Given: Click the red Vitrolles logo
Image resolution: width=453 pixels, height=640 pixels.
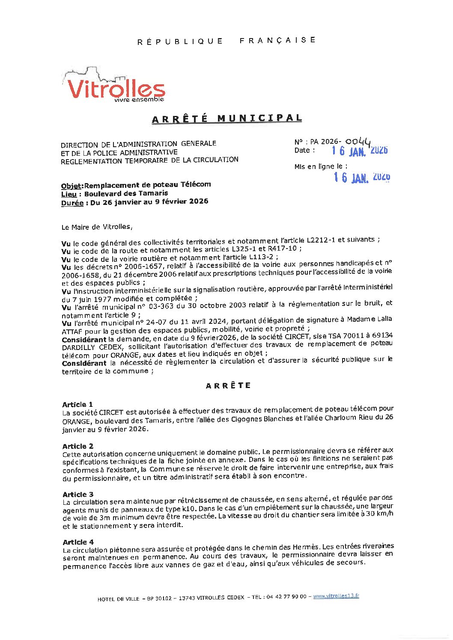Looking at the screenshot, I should click(x=116, y=88).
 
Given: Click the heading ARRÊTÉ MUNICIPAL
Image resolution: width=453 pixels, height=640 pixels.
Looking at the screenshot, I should click(x=227, y=119).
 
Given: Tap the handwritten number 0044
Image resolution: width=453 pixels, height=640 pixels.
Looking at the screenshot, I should click(x=358, y=141).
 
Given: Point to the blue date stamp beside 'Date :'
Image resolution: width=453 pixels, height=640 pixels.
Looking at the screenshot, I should click(x=360, y=151).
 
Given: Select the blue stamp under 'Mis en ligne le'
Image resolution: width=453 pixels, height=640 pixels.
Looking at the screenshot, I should click(x=362, y=177).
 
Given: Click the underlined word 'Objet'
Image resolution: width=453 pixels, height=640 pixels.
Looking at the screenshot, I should click(x=71, y=186).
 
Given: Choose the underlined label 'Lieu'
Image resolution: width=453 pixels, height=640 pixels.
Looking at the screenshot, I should click(x=69, y=194).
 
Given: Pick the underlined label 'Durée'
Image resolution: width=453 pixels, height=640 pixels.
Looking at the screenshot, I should click(x=72, y=203).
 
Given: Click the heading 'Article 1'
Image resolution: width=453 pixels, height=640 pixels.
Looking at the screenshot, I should click(x=77, y=404).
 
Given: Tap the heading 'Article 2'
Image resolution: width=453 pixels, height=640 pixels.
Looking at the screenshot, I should click(x=77, y=446).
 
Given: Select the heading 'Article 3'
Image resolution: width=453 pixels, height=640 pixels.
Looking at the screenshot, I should click(x=78, y=494).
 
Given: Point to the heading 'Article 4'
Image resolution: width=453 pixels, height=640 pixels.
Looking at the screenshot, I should click(x=78, y=542).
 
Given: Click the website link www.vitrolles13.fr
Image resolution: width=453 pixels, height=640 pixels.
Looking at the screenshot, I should click(x=336, y=596).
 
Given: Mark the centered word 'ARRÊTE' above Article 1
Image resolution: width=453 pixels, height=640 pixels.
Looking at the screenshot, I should click(x=228, y=385).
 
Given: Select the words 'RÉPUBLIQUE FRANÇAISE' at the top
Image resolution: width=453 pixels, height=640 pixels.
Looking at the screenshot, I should click(x=226, y=41).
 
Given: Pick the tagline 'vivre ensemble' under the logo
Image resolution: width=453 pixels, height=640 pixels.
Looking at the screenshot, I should click(x=139, y=100).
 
